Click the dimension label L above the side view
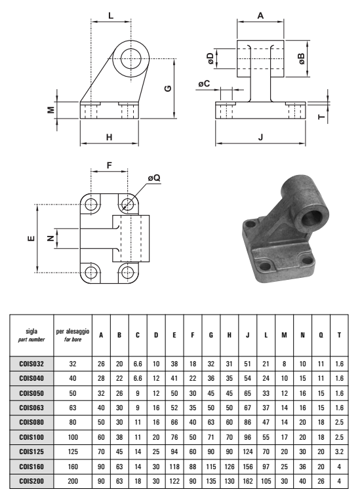coord(111,15)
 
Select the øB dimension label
coord(302,59)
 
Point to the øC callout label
coord(204,83)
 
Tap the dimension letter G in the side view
coord(168,88)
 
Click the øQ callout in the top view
coord(154,178)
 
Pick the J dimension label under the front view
coord(261,137)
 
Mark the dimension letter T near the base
coord(322,117)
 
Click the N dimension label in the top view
coord(50,238)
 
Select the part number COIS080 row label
coord(31,422)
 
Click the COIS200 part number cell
coord(31,481)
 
